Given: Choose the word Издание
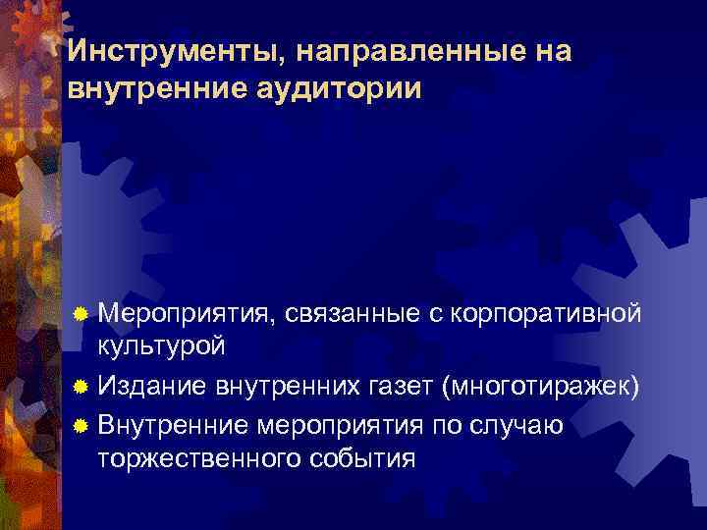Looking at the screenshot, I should click(x=151, y=385).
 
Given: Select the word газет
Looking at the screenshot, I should click(x=405, y=385).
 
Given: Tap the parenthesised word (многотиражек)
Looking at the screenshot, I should click(x=541, y=385).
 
